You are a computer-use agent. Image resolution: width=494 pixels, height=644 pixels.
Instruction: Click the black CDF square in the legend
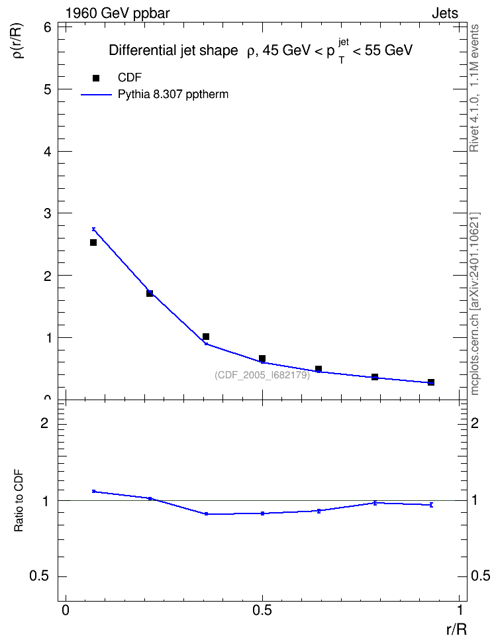tap(96, 78)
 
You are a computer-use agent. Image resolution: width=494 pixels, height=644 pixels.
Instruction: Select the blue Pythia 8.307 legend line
tap(96, 95)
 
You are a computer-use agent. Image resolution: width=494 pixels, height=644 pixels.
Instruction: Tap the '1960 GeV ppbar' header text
tap(117, 13)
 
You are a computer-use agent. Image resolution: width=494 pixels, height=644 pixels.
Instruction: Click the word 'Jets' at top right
tap(445, 13)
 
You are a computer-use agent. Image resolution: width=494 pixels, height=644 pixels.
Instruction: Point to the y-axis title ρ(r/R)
tap(19, 40)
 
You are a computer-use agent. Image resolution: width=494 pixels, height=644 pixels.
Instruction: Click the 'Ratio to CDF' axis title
tap(19, 500)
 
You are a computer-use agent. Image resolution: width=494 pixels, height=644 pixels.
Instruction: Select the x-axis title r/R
tap(457, 629)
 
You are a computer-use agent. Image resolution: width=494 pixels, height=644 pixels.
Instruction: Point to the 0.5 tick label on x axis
tap(262, 610)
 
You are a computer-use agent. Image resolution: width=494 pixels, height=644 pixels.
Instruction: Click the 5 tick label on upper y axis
tap(48, 89)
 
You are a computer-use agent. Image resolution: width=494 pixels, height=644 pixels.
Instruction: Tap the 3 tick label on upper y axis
tap(48, 213)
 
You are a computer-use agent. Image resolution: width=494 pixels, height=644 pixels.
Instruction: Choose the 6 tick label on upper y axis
tap(48, 28)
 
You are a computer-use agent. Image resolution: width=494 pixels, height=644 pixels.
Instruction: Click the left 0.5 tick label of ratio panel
tap(39, 576)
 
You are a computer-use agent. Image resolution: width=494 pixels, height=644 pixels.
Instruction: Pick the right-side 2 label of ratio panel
tap(475, 423)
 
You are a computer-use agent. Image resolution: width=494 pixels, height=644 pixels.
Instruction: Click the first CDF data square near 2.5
tap(93, 242)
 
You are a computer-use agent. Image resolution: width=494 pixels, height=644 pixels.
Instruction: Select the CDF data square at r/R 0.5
tap(262, 358)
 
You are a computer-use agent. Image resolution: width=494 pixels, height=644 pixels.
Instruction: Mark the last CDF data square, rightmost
tap(431, 382)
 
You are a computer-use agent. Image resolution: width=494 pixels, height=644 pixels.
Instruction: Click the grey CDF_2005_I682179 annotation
tap(262, 375)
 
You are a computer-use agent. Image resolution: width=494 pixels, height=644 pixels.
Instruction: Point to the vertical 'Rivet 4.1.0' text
tap(475, 88)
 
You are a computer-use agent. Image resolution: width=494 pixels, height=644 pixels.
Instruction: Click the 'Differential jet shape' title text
tap(173, 50)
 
